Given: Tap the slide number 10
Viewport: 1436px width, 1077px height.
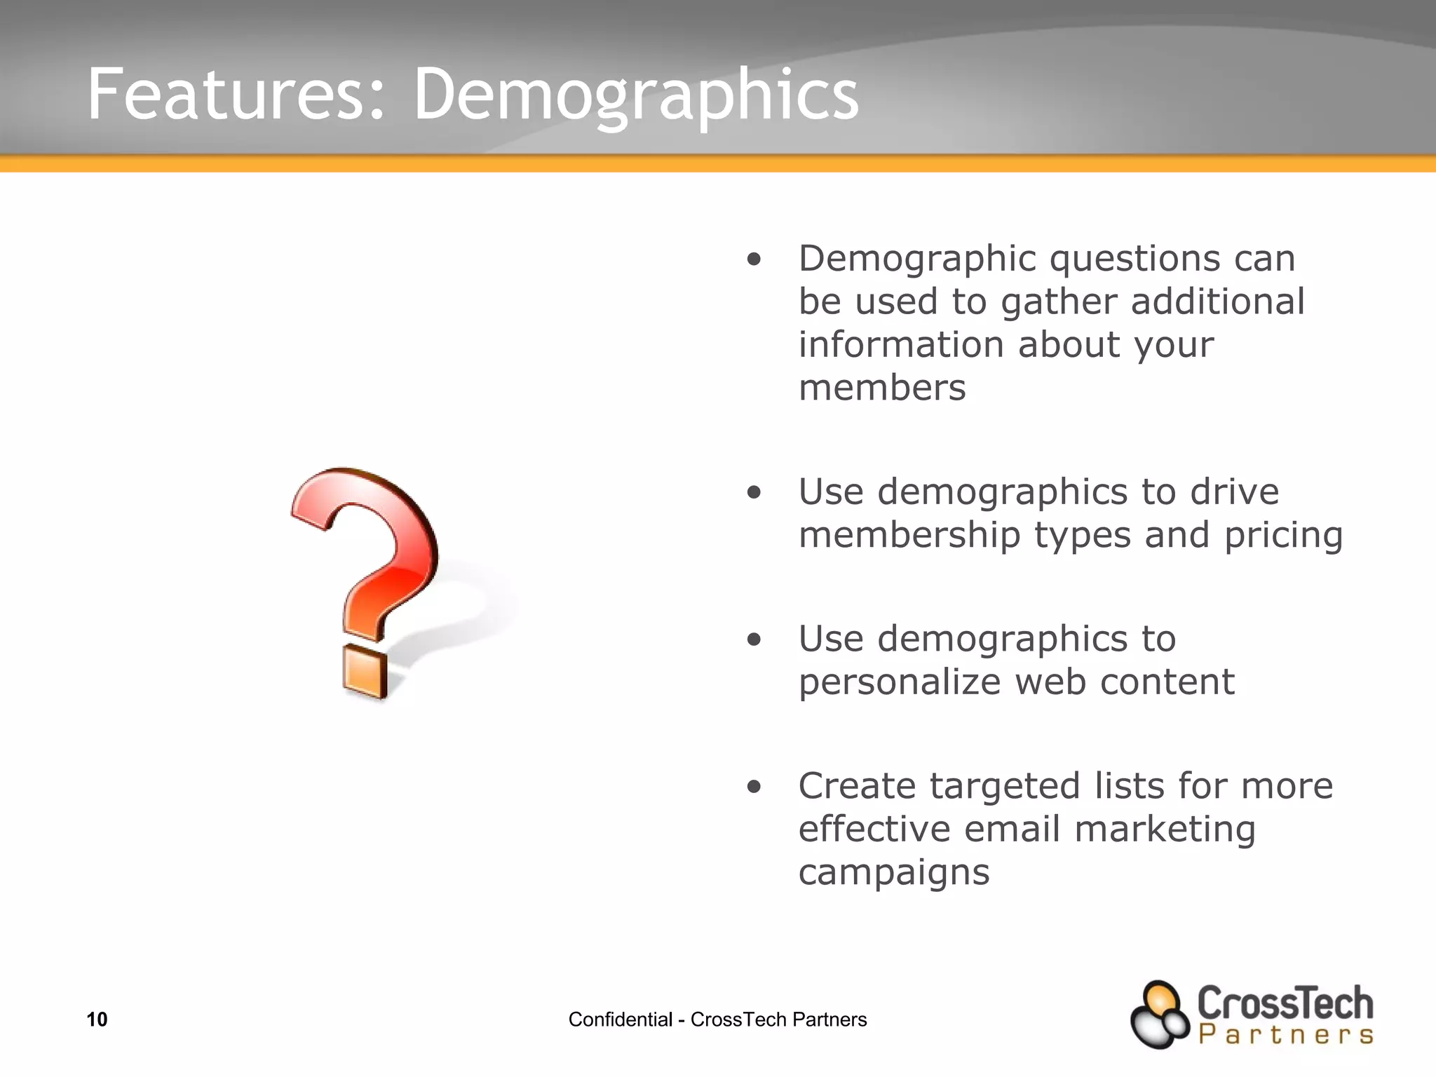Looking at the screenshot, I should point(97,1020).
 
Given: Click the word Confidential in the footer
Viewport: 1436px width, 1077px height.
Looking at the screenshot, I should point(620,1020).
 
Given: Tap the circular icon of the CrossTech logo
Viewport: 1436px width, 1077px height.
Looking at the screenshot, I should point(1159,1015).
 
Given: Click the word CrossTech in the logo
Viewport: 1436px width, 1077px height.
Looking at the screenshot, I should point(1285,1003).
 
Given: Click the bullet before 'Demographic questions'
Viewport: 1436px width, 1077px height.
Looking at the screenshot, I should point(754,260).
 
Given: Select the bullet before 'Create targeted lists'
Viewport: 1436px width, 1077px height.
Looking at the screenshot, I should point(754,787).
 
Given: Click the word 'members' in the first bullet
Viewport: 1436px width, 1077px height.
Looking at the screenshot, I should point(882,388).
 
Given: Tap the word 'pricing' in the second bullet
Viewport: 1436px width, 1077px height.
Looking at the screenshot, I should point(1283,536).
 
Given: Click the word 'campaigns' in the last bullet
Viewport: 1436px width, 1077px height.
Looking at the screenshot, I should point(894,873).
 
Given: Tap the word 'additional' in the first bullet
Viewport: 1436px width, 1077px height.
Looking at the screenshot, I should point(1218,302).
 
